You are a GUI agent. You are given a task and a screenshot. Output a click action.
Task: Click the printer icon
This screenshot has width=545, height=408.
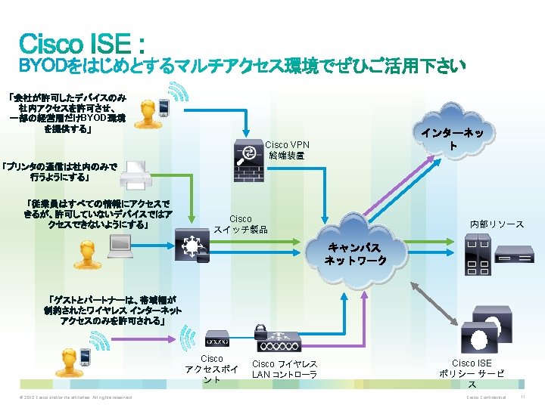coord(135,175)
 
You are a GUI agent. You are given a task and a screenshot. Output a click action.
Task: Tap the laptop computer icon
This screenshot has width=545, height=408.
coord(120,243)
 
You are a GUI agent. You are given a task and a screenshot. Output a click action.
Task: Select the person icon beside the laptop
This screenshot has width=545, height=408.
coord(80,257)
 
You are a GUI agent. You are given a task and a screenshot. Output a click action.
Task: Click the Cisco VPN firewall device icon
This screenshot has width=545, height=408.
coord(247,153)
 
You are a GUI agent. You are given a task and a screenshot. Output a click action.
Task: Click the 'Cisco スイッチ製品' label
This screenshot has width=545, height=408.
coord(240,224)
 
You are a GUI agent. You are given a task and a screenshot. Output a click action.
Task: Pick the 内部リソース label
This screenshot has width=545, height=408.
coord(497,224)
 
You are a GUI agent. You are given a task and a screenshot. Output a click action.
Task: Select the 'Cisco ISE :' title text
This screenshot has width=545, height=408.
coord(83,42)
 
